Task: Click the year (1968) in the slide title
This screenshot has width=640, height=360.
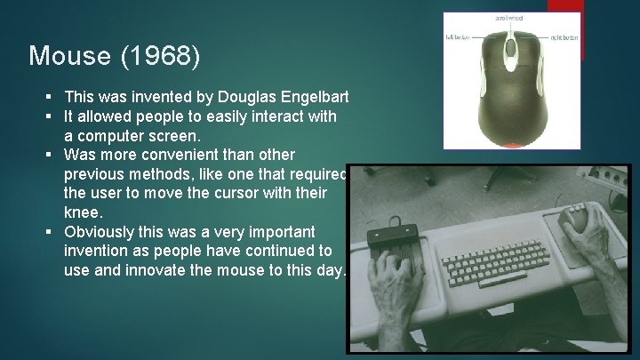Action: [x=164, y=57]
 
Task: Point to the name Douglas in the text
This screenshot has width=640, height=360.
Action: [x=239, y=97]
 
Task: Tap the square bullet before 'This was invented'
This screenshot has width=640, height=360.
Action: [x=54, y=97]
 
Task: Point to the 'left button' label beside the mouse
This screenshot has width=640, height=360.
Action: [x=458, y=36]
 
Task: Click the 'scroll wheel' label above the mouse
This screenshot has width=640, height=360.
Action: [x=508, y=18]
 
